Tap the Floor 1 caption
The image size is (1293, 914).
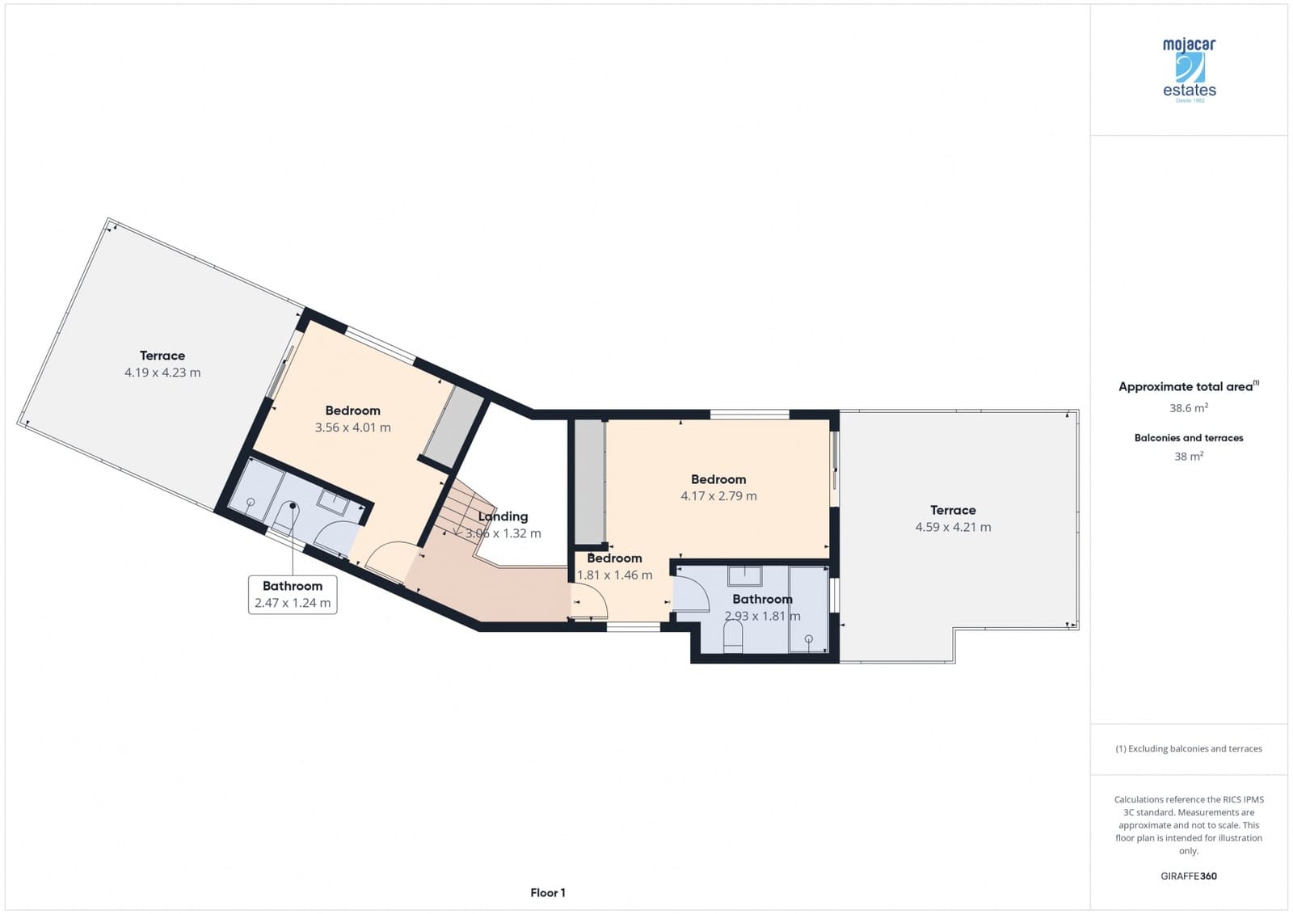(x=548, y=892)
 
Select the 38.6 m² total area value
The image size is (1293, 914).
(x=1188, y=408)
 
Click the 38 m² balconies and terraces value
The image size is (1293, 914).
(x=1188, y=457)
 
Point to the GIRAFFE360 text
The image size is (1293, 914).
(x=1188, y=876)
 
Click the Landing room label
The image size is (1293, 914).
(x=503, y=516)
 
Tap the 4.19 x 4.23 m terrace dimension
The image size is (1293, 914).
(x=162, y=373)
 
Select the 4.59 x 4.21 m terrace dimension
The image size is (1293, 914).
(x=953, y=527)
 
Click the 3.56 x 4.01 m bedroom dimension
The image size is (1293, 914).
(x=352, y=428)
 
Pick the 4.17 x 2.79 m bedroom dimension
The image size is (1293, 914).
(x=718, y=496)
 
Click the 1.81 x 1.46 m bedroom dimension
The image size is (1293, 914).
(x=614, y=575)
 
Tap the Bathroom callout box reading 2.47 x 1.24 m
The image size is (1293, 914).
(x=293, y=594)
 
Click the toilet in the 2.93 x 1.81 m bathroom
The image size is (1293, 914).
(x=733, y=638)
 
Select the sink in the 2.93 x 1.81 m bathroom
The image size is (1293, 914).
(x=744, y=576)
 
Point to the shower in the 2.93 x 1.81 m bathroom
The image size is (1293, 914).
(x=808, y=609)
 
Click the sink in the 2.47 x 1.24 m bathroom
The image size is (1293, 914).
(x=333, y=502)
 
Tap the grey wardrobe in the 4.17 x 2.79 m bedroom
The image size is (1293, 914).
(x=590, y=482)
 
